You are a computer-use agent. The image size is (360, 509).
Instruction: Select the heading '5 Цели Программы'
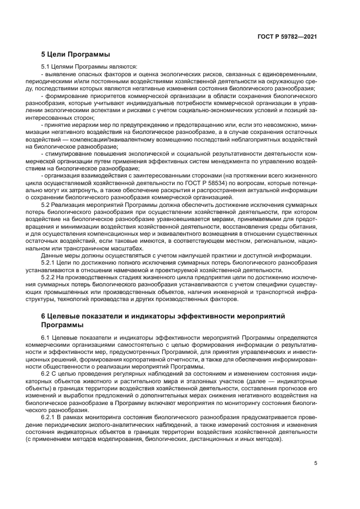pyautogui.click(x=76, y=54)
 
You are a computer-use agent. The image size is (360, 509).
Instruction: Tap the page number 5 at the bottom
pyautogui.click(x=316, y=464)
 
